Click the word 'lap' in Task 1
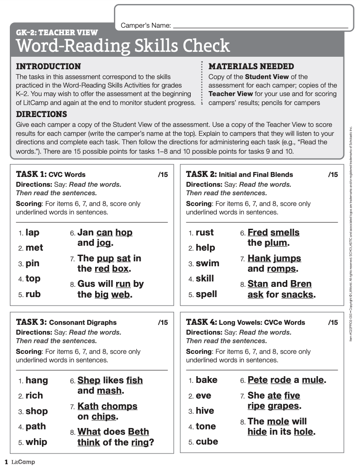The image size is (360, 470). (x=33, y=232)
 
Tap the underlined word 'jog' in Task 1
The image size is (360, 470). (x=104, y=243)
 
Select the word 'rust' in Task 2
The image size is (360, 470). (x=205, y=232)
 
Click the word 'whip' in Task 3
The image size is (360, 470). (x=36, y=442)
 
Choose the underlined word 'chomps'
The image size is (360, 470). (x=119, y=406)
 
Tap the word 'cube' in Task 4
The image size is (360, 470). (x=207, y=441)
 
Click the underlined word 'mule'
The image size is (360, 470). (x=313, y=380)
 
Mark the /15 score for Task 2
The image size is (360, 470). (x=333, y=175)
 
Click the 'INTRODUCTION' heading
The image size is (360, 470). (x=48, y=67)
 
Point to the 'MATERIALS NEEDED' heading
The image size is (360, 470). (x=251, y=67)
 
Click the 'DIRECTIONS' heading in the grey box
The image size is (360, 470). (x=41, y=114)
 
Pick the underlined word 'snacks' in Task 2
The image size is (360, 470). (x=297, y=294)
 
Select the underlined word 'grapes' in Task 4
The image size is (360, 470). (x=283, y=406)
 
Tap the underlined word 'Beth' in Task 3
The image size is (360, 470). (x=138, y=432)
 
